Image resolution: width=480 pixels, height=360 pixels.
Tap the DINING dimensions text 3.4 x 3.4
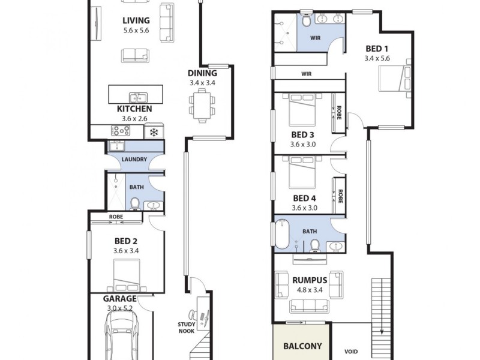click(202, 83)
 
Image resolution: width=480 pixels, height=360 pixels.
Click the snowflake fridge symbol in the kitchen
click(154, 131)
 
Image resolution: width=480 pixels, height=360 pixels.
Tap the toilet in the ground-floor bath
click(135, 203)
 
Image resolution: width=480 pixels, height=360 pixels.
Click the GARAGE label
click(119, 299)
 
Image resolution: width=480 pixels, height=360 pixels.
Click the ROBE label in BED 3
click(340, 113)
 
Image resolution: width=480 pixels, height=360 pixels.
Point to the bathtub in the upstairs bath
click(283, 234)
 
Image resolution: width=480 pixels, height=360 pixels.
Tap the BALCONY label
click(302, 346)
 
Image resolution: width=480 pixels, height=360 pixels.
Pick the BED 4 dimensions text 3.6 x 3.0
click(304, 208)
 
